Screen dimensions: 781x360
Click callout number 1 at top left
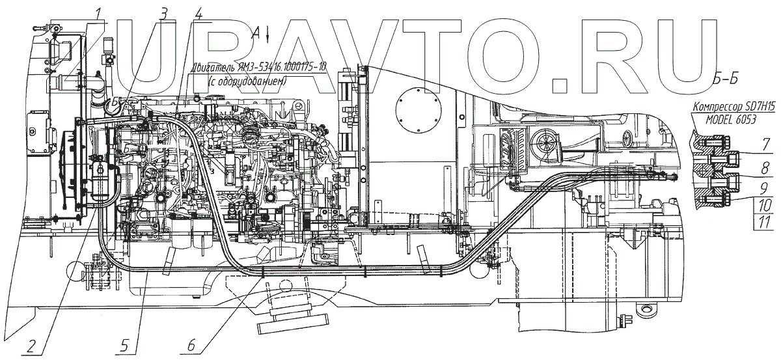[x=98, y=12]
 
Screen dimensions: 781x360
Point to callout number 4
[x=198, y=12]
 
